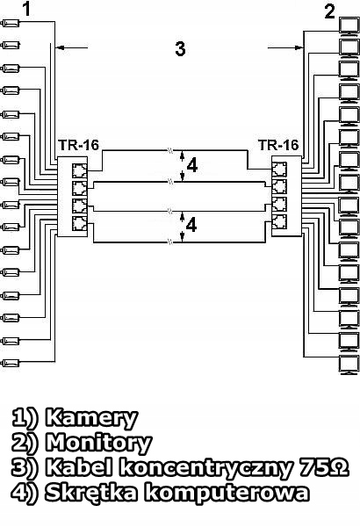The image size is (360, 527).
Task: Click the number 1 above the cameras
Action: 27,9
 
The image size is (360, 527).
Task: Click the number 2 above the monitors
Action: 330,11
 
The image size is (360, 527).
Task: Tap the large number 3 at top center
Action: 180,48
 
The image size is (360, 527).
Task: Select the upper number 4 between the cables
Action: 191,166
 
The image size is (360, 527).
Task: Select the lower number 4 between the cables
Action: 191,225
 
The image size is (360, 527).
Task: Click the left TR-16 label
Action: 79,145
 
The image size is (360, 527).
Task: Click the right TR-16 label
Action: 278,145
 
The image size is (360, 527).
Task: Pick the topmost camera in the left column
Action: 11,23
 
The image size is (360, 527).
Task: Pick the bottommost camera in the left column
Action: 11,363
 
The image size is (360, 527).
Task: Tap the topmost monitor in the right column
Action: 349,26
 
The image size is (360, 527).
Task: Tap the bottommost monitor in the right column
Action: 349,365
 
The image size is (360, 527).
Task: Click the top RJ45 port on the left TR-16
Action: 79,170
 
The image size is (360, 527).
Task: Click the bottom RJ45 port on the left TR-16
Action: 79,223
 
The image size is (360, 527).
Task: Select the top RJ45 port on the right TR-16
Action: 279,170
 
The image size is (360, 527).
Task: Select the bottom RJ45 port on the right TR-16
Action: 279,222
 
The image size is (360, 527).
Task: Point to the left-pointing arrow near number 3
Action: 72,47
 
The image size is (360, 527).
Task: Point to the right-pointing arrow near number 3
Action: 285,47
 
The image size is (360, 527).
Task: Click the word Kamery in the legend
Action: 91,419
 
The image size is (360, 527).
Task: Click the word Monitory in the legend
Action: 98,444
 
